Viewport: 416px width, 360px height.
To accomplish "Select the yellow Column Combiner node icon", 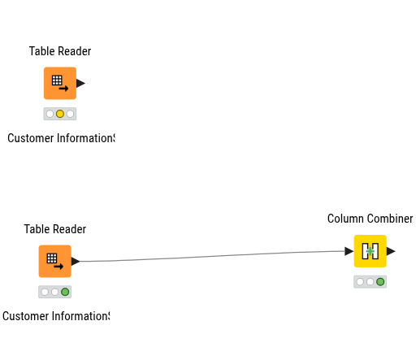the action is [370, 251].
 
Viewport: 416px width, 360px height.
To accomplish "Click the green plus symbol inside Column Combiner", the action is [370, 251].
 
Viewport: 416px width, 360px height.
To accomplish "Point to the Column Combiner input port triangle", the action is [349, 251].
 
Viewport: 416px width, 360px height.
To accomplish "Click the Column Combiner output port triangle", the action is [391, 251].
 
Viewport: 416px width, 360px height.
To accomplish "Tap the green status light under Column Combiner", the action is [380, 282].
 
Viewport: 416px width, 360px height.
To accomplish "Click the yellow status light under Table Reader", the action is [60, 114].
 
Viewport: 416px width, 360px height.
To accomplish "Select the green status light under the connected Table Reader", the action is [65, 292].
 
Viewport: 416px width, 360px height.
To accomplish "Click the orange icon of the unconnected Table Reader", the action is [60, 83].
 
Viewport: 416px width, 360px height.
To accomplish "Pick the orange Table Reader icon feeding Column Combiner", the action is [55, 261].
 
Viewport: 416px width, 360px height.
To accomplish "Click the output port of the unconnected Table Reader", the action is [80, 83].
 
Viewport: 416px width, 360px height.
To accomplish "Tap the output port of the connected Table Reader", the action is [76, 261].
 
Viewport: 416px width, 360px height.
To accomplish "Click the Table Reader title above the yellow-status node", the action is [60, 51].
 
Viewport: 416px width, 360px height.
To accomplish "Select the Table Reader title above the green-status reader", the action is [55, 229].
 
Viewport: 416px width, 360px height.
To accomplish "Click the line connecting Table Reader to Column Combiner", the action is [212, 256].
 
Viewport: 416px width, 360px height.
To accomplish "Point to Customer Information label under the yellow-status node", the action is [61, 138].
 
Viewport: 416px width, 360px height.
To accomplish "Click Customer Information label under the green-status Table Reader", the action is [56, 316].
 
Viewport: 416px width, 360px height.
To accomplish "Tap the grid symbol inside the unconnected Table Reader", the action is [57, 80].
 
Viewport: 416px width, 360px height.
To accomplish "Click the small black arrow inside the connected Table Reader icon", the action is [58, 267].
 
